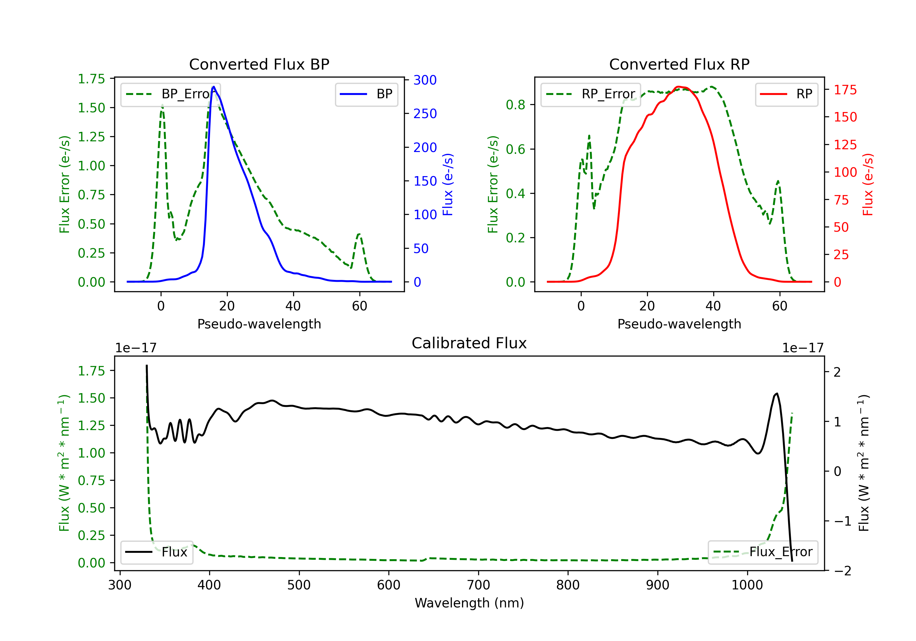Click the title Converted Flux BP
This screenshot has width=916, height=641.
(x=259, y=64)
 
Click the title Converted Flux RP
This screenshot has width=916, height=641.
(x=679, y=64)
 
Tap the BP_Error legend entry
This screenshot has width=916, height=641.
(x=171, y=94)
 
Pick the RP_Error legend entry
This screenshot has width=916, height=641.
(x=591, y=94)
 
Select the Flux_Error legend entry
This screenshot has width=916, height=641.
(x=763, y=552)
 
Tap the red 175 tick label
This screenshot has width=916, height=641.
(x=845, y=90)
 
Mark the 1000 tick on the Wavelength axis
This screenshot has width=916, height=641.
(x=747, y=585)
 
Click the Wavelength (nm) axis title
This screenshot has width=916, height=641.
(x=469, y=603)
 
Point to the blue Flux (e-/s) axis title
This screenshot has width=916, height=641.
(x=448, y=184)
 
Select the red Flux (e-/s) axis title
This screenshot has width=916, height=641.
(x=868, y=184)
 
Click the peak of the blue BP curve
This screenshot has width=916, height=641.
(x=214, y=87)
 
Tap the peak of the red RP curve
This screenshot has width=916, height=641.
(x=678, y=87)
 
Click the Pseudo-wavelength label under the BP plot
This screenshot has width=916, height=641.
(x=259, y=324)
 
